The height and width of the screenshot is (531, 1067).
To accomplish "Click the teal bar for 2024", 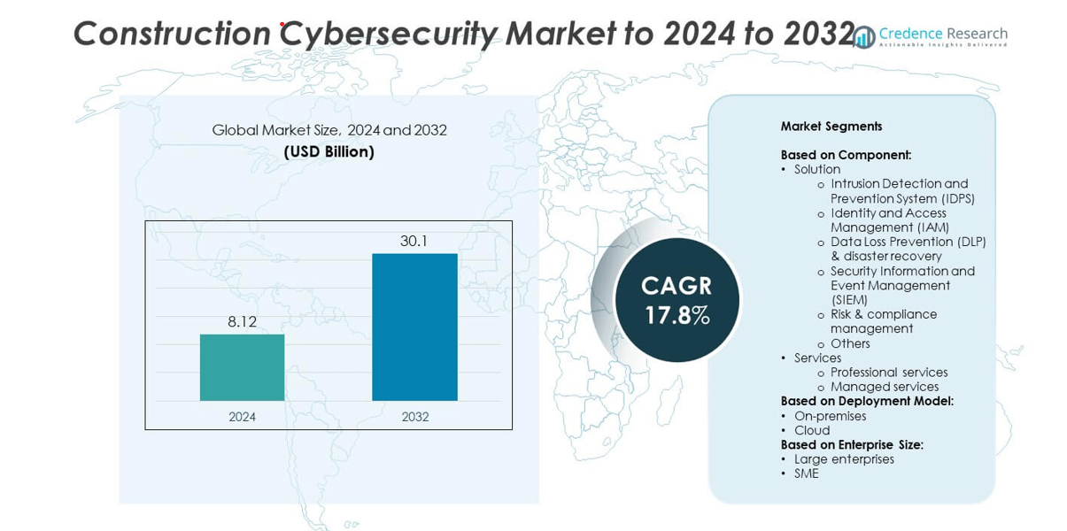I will point(242,367).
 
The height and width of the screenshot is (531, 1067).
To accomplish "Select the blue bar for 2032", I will point(414,327).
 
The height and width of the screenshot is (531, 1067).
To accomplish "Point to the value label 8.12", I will point(242,322).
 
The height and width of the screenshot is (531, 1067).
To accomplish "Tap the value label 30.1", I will point(414,241).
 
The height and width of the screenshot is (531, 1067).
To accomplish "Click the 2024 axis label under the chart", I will point(242,417).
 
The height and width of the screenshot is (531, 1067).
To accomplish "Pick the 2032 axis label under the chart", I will point(414,417).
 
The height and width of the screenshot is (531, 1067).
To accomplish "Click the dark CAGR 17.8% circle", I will point(677,300).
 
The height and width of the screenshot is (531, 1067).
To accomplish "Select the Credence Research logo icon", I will point(864,36).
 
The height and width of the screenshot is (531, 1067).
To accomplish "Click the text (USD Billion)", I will point(329,152).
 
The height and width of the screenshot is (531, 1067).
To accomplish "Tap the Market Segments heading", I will point(831,127).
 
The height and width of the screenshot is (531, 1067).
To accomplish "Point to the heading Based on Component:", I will point(846,155).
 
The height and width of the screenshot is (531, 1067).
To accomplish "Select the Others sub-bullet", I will point(850,343).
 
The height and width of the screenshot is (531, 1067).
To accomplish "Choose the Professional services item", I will point(889,373).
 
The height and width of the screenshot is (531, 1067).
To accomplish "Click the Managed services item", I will point(885,387).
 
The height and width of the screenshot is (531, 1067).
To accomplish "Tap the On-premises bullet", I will point(830,416).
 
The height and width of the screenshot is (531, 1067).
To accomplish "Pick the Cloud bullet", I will point(812,430).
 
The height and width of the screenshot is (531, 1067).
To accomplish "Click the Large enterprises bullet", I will point(844,459).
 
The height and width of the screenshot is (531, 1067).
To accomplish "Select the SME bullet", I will point(807,473).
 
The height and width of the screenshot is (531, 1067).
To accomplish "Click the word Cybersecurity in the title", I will point(389,34).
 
